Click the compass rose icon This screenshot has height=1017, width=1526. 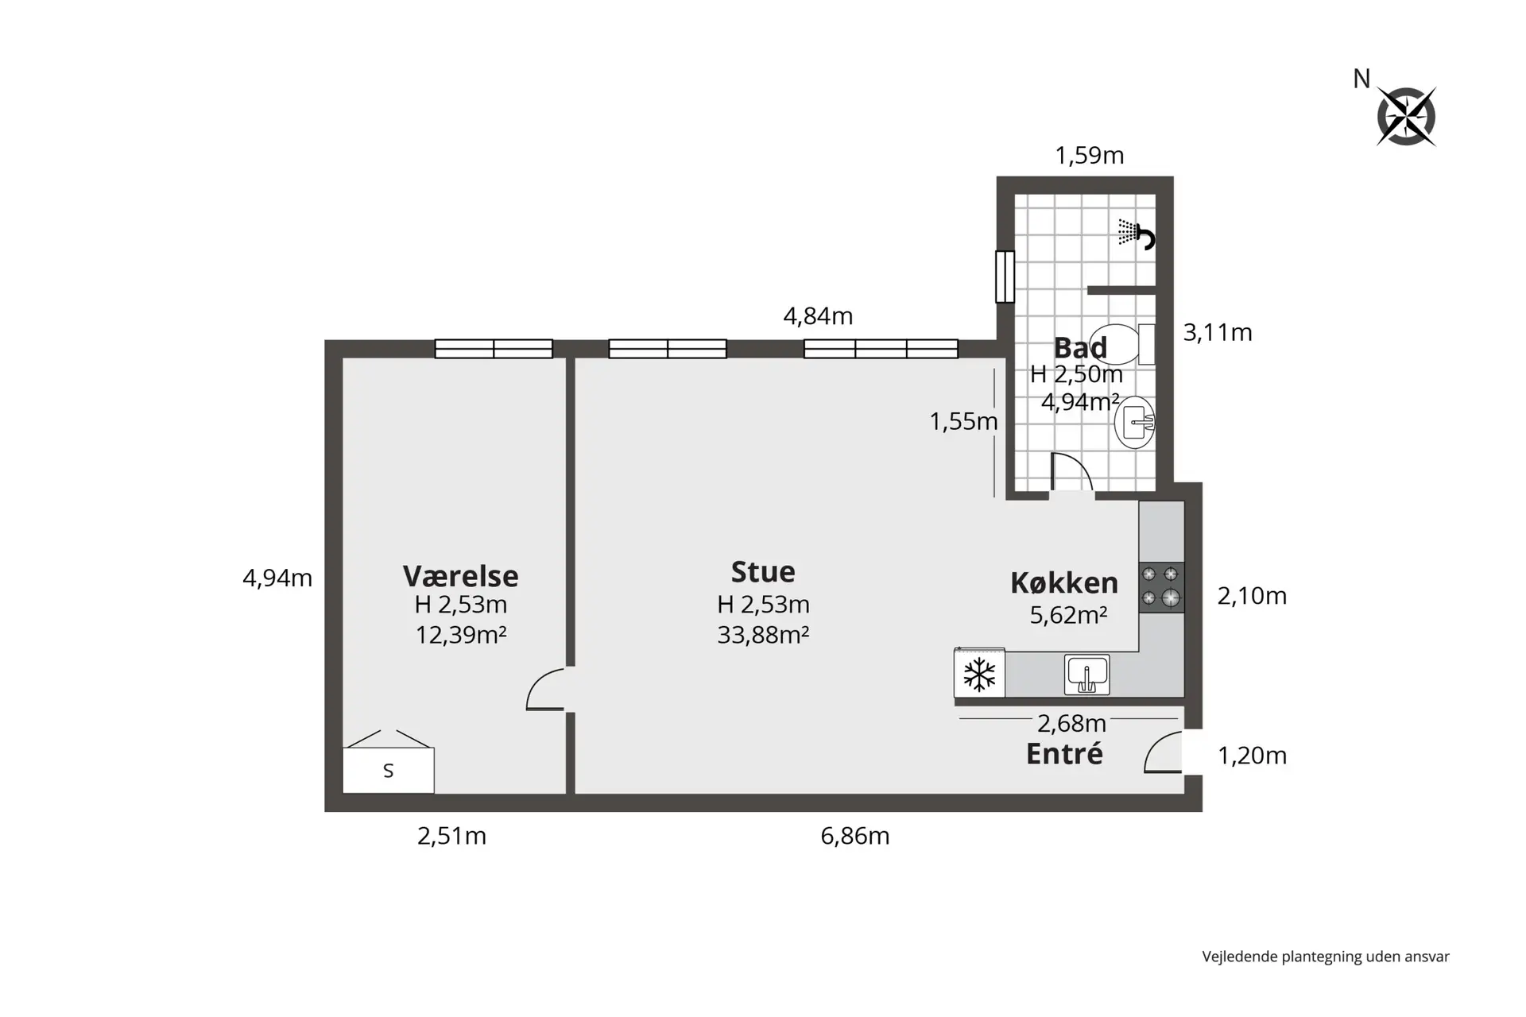tap(1406, 117)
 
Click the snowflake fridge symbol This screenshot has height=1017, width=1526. tap(979, 675)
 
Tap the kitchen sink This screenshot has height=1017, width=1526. tap(1087, 675)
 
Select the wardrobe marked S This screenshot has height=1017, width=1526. tap(389, 770)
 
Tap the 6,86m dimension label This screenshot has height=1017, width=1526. tap(855, 836)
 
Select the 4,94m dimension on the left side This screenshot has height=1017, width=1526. tap(277, 578)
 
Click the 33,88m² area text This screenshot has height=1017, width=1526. tap(763, 635)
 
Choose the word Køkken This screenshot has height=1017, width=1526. tap(1064, 582)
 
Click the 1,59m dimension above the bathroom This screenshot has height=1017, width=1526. tap(1090, 155)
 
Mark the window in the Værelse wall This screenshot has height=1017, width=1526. tap(494, 349)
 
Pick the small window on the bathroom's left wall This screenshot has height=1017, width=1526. tap(1005, 276)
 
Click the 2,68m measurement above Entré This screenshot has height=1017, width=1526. tap(1071, 723)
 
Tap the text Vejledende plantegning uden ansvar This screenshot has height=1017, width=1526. tap(1326, 957)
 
